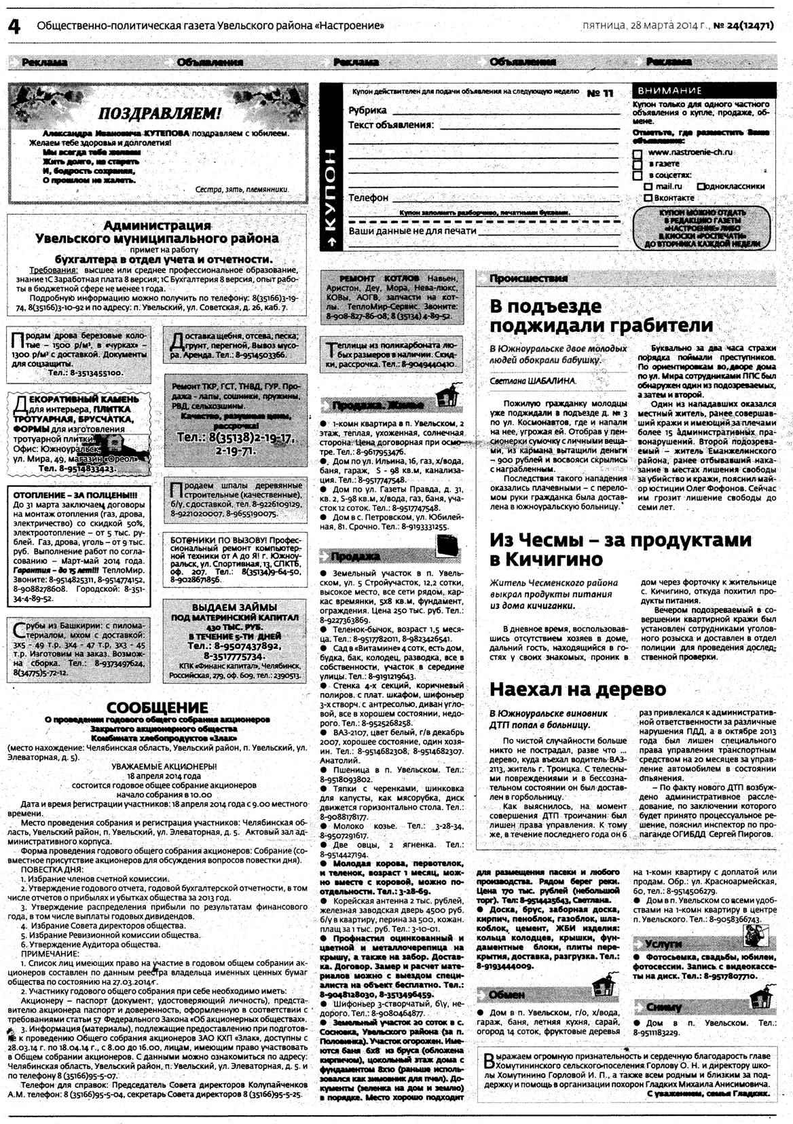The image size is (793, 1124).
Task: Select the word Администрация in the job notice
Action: pyautogui.click(x=157, y=225)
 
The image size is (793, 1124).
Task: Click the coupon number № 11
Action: pyautogui.click(x=600, y=93)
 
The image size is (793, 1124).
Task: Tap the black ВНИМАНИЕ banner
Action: pyautogui.click(x=703, y=90)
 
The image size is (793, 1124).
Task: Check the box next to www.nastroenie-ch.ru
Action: pyautogui.click(x=637, y=153)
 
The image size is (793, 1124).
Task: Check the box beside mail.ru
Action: pyautogui.click(x=648, y=187)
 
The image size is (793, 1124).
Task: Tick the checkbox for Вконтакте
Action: pyautogui.click(x=648, y=198)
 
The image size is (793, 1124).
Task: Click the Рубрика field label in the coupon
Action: pyautogui.click(x=367, y=110)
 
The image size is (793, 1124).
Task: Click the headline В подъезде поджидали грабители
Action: pyautogui.click(x=601, y=316)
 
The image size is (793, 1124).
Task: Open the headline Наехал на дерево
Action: pyautogui.click(x=578, y=689)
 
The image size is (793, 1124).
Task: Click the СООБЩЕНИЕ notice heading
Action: pyautogui.click(x=157, y=708)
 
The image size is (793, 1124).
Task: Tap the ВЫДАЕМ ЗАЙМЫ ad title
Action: pyautogui.click(x=234, y=607)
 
